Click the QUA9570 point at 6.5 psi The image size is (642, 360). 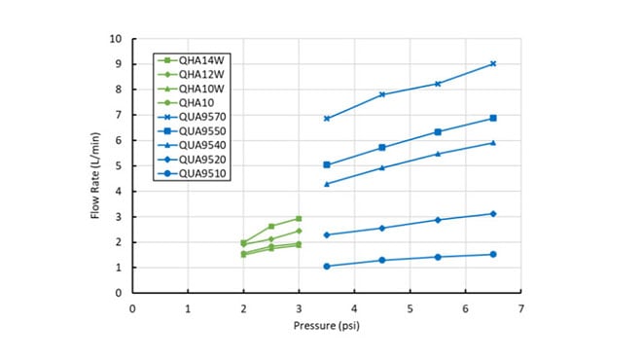[493, 64]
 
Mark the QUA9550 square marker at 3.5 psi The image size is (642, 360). [327, 165]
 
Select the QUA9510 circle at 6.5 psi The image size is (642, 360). [493, 254]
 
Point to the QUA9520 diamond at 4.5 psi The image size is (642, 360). [382, 229]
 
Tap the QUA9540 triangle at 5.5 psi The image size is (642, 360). [438, 154]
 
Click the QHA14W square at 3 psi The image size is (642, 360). [299, 219]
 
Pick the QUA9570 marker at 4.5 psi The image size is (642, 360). [382, 94]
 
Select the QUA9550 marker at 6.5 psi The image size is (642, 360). [493, 119]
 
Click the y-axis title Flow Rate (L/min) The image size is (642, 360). [96, 166]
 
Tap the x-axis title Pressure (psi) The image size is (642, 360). [327, 326]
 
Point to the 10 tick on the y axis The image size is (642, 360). [116, 39]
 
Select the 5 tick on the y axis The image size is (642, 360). [119, 166]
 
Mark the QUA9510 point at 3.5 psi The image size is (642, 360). [327, 267]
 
